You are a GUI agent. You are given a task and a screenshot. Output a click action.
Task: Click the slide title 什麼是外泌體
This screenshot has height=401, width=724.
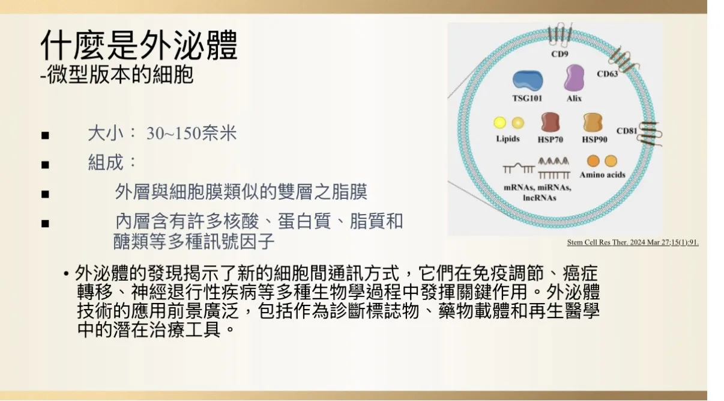139,45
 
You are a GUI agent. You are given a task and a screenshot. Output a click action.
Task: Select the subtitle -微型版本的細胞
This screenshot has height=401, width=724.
117,75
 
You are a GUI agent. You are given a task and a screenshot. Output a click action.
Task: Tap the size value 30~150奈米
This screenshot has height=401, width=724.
192,133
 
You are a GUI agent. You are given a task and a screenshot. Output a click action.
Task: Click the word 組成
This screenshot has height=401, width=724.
106,162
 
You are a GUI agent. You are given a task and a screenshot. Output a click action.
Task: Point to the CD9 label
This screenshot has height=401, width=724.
560,54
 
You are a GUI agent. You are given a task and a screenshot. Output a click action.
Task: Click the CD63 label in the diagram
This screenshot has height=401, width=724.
607,74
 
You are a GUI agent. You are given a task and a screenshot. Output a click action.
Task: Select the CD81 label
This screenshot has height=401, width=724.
626,130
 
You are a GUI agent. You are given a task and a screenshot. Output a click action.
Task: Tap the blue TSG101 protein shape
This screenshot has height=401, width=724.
528,81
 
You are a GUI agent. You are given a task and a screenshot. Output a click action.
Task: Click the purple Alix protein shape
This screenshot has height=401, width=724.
574,78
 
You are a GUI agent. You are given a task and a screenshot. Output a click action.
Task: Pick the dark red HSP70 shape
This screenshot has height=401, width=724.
550,122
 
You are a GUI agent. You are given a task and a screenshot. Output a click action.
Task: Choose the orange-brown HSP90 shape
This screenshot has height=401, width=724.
593,122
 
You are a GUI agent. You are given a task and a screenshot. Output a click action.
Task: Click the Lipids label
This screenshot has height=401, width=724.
508,139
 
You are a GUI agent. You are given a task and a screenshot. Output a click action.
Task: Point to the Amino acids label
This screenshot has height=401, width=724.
602,175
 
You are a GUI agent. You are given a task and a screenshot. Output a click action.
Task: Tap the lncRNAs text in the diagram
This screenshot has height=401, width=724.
540,197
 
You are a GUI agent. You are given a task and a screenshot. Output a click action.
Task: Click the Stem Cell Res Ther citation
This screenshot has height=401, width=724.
633,242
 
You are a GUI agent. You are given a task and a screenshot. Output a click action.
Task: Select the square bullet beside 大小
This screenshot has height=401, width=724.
45,135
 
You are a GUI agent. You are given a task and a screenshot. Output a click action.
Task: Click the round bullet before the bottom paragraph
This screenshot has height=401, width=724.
66,274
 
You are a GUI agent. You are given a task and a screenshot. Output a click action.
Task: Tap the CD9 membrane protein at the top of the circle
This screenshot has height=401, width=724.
560,34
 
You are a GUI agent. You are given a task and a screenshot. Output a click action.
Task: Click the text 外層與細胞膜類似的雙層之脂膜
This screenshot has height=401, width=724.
241,192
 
